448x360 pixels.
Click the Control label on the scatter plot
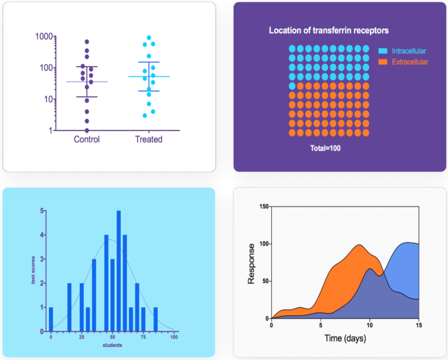87,139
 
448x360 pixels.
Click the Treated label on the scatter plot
149,139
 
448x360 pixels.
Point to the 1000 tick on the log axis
44,36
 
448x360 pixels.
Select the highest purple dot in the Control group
87,42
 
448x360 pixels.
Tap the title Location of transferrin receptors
328,30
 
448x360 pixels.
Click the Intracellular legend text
409,51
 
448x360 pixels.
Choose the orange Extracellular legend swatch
383,61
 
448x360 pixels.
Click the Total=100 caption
325,148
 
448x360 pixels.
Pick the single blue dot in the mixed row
292,86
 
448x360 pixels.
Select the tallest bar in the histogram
118,271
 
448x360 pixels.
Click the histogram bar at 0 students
51,319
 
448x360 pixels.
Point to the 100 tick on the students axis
174,337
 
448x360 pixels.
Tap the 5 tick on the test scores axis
41,211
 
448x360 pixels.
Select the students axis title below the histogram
112,345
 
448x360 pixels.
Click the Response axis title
251,263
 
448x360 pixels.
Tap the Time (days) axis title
344,338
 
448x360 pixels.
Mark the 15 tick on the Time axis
418,325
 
